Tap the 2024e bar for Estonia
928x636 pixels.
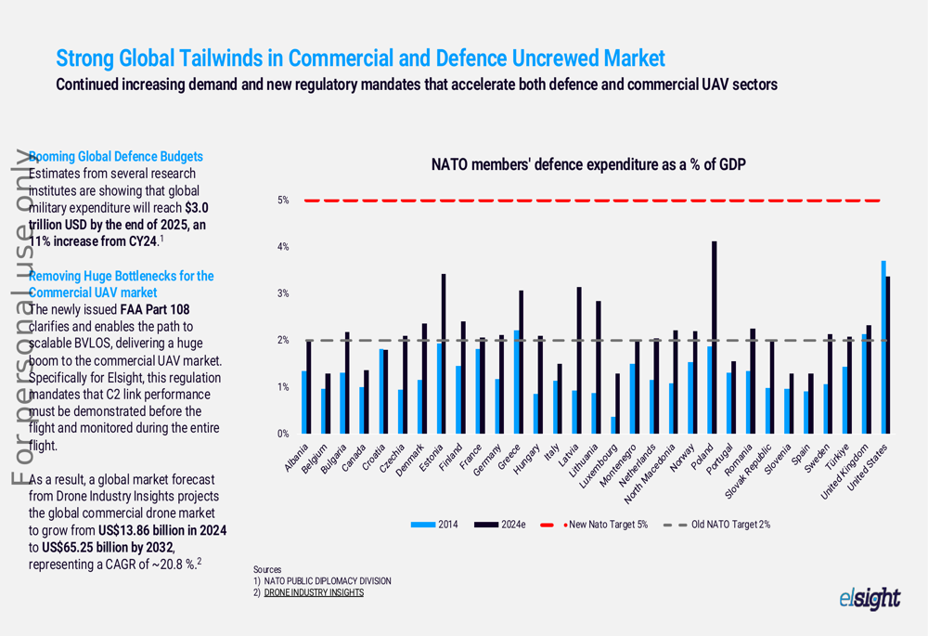tap(444, 354)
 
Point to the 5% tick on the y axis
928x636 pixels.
tap(284, 201)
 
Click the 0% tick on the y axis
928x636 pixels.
tap(284, 434)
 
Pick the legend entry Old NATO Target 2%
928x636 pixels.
tap(718, 525)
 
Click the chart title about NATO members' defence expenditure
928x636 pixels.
tap(588, 165)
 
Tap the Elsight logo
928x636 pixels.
tap(869, 599)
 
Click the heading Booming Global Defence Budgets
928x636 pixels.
tap(116, 156)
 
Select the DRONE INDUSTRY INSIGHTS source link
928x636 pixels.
tap(314, 592)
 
